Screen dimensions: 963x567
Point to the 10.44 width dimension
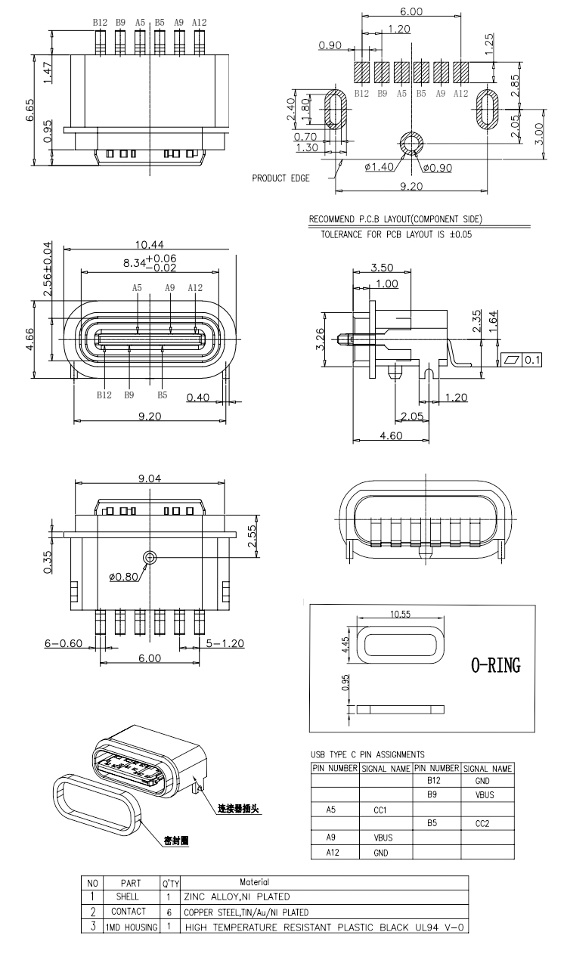click(149, 243)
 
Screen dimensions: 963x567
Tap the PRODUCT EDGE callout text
click(279, 178)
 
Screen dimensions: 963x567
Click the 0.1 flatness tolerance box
click(531, 360)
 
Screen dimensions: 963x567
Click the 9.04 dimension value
click(150, 478)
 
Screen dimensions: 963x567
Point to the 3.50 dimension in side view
click(381, 268)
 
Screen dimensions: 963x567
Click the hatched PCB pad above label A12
click(460, 73)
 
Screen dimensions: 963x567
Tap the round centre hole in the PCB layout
click(412, 143)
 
